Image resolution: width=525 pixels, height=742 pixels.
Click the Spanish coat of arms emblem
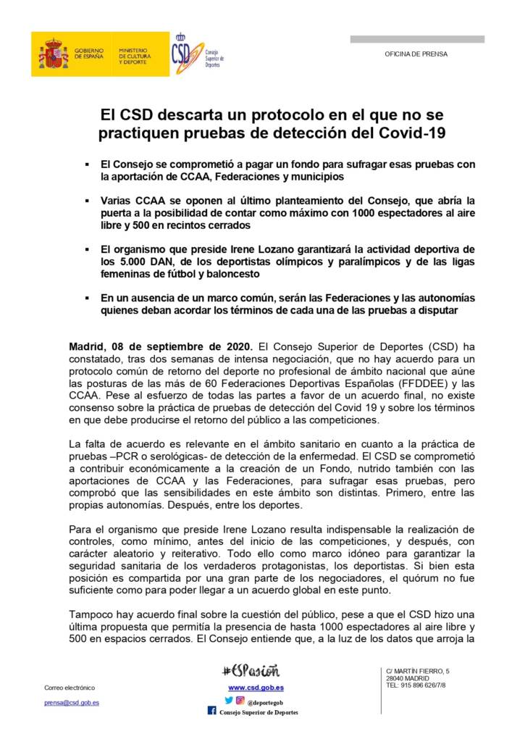pos(54,54)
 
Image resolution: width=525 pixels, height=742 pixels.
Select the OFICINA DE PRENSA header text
pos(416,54)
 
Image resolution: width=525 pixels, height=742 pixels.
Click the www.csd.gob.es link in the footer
pos(256,687)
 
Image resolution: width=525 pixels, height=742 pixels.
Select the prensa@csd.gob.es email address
pos(72,702)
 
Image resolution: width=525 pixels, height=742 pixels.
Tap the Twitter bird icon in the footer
pos(229,700)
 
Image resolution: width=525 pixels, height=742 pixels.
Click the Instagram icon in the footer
pos(240,700)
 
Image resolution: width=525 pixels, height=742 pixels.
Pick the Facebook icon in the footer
pos(211,711)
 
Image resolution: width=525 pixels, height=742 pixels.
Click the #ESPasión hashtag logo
pos(251,671)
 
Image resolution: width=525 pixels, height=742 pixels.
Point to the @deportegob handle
pos(265,701)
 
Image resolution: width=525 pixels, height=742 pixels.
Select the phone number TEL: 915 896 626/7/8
pos(416,685)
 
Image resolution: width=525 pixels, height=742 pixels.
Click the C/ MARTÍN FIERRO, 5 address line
pos(417,671)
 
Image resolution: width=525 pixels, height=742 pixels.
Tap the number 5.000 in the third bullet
pos(133,262)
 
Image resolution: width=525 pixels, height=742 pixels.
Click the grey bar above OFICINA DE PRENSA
pos(417,39)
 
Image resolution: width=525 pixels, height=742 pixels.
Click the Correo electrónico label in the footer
pos(70,688)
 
